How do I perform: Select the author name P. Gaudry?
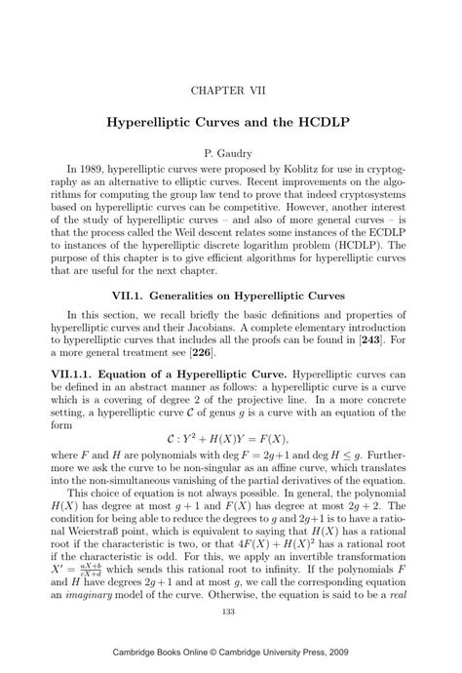[230, 153]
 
